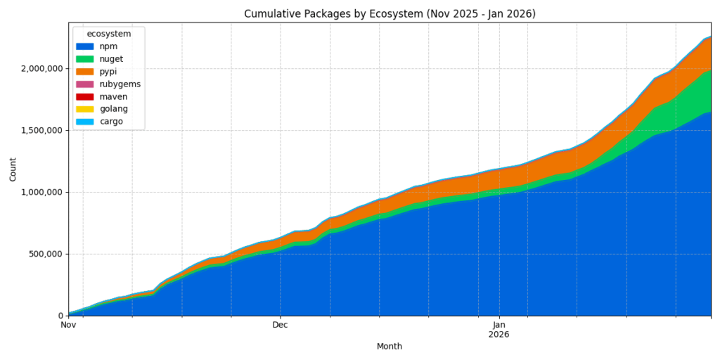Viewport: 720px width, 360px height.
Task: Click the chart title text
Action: [390, 14]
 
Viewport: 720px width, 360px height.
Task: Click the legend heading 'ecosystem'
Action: [109, 34]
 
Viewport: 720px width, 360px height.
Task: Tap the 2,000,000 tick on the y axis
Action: [41, 68]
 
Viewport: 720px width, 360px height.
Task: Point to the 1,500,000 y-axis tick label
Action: [41, 130]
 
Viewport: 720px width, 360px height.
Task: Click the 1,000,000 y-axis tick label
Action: [41, 192]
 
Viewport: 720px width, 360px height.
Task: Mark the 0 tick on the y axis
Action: [59, 316]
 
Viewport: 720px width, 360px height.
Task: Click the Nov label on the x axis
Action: [68, 325]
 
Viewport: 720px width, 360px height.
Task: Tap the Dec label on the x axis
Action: [281, 325]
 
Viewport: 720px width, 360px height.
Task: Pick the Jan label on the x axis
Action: [499, 325]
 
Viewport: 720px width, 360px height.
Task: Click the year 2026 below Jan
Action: [499, 335]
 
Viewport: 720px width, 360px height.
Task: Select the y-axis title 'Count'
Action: [13, 169]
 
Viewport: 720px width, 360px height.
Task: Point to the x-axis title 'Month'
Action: [390, 347]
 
